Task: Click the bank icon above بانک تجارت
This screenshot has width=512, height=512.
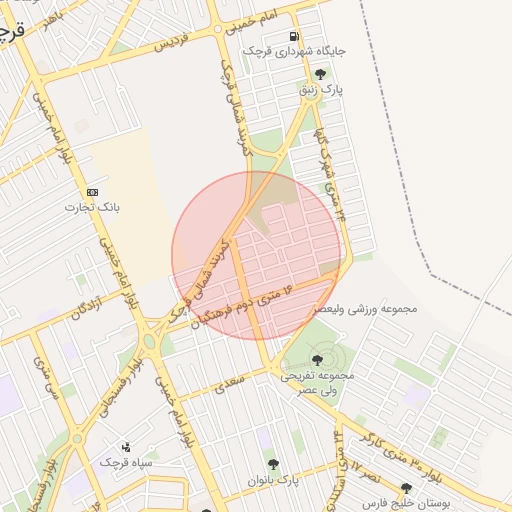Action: point(93,192)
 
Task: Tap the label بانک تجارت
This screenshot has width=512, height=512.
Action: point(93,208)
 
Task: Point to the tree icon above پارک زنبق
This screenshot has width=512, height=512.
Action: point(320,74)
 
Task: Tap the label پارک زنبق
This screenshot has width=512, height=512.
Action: point(320,90)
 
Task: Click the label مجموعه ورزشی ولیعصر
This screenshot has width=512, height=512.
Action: point(365,309)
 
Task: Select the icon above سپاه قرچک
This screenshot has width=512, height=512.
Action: point(126,447)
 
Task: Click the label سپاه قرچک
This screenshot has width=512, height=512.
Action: point(126,463)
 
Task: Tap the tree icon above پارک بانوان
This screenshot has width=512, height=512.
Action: point(273,464)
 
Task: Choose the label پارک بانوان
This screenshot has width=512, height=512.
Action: point(273,480)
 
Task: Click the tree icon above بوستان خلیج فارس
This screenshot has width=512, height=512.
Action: point(405,489)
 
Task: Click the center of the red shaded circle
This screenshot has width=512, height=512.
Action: point(256,256)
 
